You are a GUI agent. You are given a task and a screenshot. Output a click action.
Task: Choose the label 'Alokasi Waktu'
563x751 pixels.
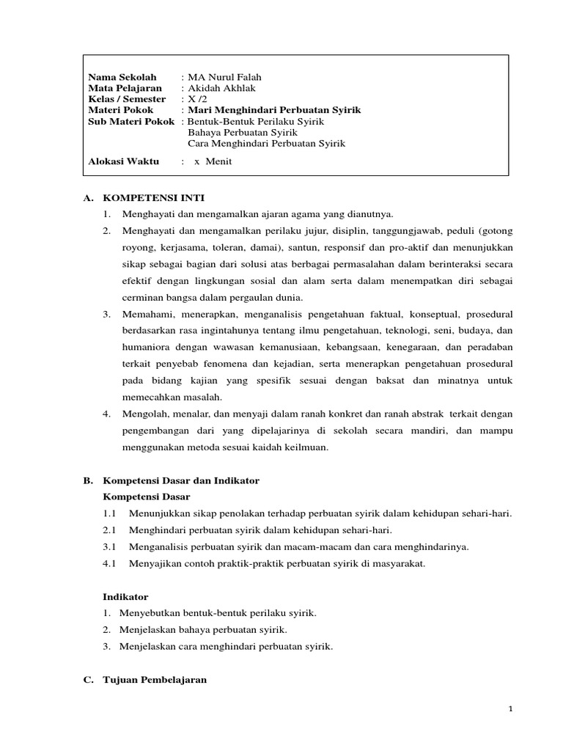click(123, 161)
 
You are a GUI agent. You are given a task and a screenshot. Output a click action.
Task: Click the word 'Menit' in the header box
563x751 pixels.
click(218, 161)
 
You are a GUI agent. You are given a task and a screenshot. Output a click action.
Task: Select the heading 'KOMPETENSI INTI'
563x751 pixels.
click(154, 198)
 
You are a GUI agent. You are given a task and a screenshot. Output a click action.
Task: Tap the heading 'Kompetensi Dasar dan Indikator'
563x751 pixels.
click(181, 481)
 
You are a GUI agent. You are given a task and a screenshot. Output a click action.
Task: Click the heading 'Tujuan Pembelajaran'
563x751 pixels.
click(155, 680)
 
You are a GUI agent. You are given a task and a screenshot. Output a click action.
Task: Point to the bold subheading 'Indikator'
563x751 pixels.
click(125, 597)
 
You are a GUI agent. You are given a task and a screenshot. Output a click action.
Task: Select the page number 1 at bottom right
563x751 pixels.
click(509, 709)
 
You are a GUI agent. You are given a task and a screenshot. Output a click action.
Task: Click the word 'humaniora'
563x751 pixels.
click(144, 348)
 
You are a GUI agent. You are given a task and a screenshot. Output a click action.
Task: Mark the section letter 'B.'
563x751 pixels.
click(88, 481)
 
